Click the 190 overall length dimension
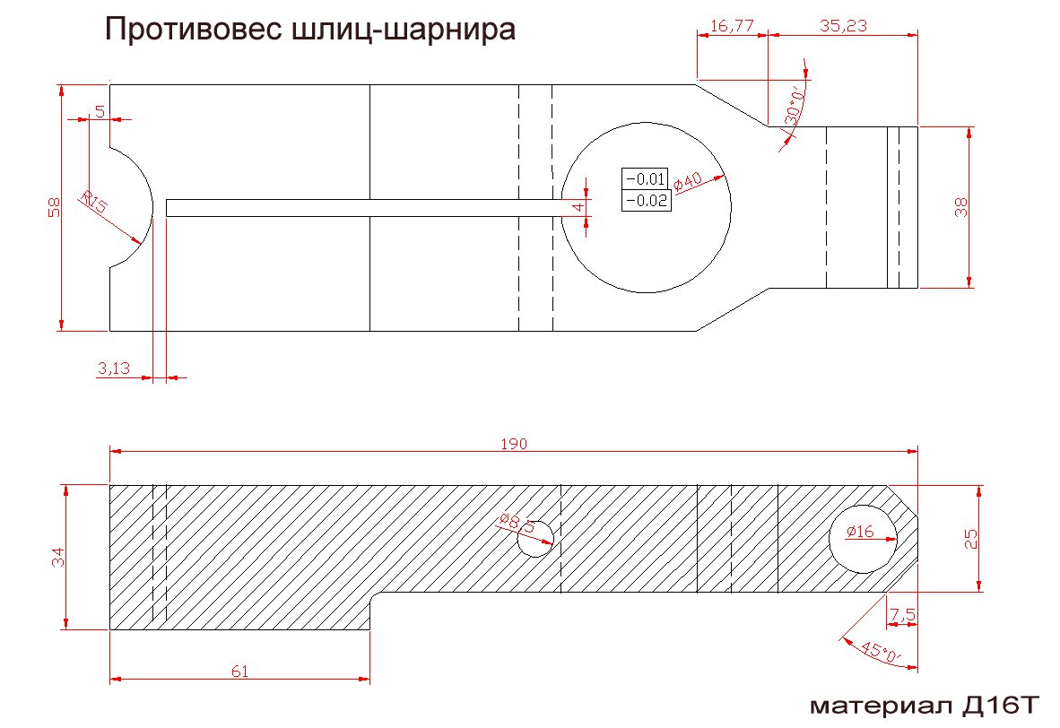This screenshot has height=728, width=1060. coord(514,444)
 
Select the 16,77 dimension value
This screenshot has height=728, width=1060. coord(732,26)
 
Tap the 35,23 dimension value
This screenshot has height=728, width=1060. coord(843,26)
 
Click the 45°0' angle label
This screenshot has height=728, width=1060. coord(881,652)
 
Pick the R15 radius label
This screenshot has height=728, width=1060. coord(94,202)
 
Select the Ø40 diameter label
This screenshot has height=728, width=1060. coord(688,183)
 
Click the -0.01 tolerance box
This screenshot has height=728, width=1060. coord(645,179)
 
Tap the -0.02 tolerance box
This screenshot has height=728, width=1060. coord(647,201)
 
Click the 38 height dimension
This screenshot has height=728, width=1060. coord(960,207)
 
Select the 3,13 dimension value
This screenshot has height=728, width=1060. coord(114,368)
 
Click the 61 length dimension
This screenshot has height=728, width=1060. coord(240,672)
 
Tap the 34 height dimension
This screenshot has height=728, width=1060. coord(58,557)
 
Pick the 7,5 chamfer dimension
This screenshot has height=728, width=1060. coord(902,615)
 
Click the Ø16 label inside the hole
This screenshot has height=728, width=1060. coord(860,532)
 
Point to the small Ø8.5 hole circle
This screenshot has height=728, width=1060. coord(535,539)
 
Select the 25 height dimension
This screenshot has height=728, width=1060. coord(970,539)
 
